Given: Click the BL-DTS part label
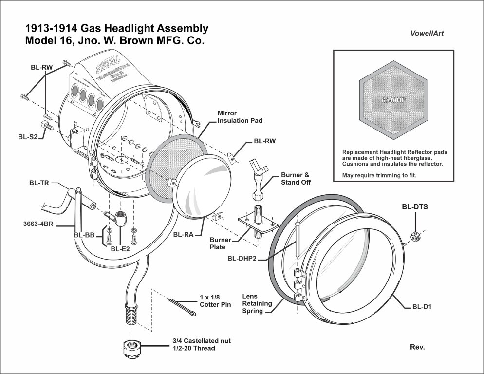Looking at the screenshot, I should pyautogui.click(x=414, y=206).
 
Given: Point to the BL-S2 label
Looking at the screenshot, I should pyautogui.click(x=28, y=137).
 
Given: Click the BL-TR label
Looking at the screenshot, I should pyautogui.click(x=38, y=183).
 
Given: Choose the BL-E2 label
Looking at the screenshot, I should pyautogui.click(x=120, y=249).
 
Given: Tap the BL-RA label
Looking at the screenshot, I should pyautogui.click(x=183, y=234).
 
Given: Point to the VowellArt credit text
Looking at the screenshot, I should pyautogui.click(x=426, y=34).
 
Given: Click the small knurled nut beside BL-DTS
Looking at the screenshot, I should pyautogui.click(x=415, y=237).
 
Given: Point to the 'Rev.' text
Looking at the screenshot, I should pyautogui.click(x=418, y=347).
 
